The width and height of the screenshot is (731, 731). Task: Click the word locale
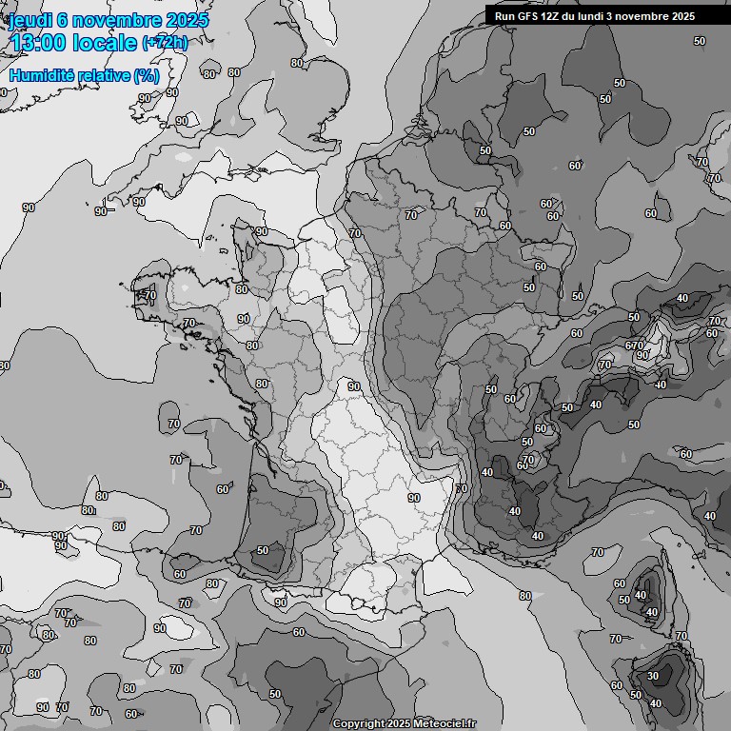(108, 44)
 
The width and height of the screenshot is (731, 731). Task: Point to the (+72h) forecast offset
(166, 44)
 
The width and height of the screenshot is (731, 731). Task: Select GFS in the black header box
(529, 16)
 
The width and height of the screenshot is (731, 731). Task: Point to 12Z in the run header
(555, 16)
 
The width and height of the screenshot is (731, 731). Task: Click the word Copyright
(359, 724)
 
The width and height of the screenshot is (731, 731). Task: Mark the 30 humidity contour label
(652, 677)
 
